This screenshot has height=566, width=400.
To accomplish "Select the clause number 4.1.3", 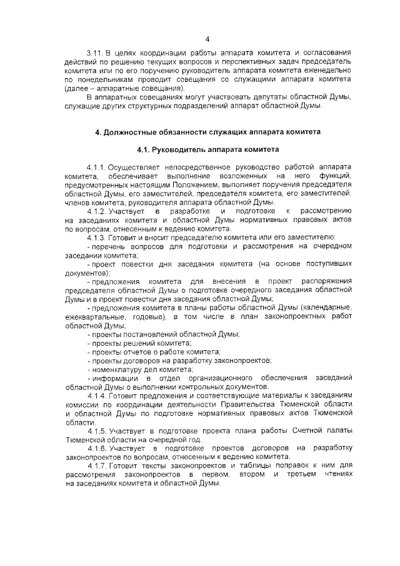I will click(x=96, y=236).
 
